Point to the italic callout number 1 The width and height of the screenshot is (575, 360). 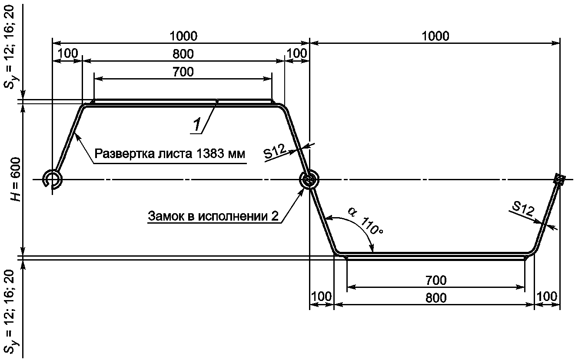click(197, 125)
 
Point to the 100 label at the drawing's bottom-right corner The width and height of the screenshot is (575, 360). click(547, 297)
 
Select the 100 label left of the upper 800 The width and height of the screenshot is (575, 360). click(67, 53)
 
